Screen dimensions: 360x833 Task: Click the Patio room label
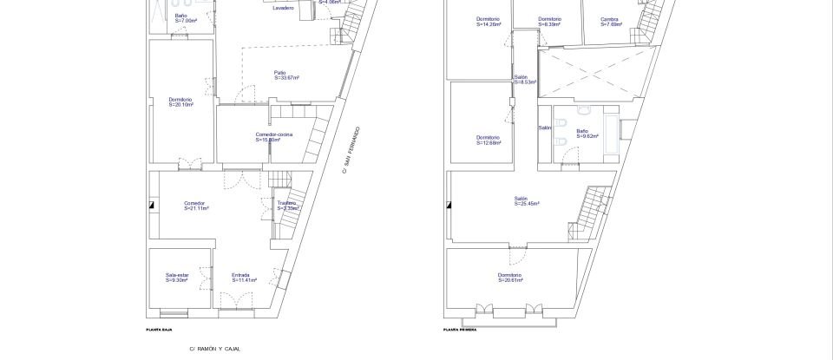[285, 75]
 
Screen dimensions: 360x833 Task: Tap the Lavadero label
[283, 8]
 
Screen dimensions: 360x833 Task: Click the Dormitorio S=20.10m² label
[180, 101]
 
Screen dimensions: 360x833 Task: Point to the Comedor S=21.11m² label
[195, 206]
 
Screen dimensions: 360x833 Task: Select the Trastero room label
[287, 206]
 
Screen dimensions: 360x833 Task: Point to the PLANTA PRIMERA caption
[460, 330]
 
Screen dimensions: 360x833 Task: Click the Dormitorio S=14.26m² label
[489, 21]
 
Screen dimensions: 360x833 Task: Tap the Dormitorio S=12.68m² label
[488, 140]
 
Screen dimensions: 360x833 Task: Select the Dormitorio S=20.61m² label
[510, 278]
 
